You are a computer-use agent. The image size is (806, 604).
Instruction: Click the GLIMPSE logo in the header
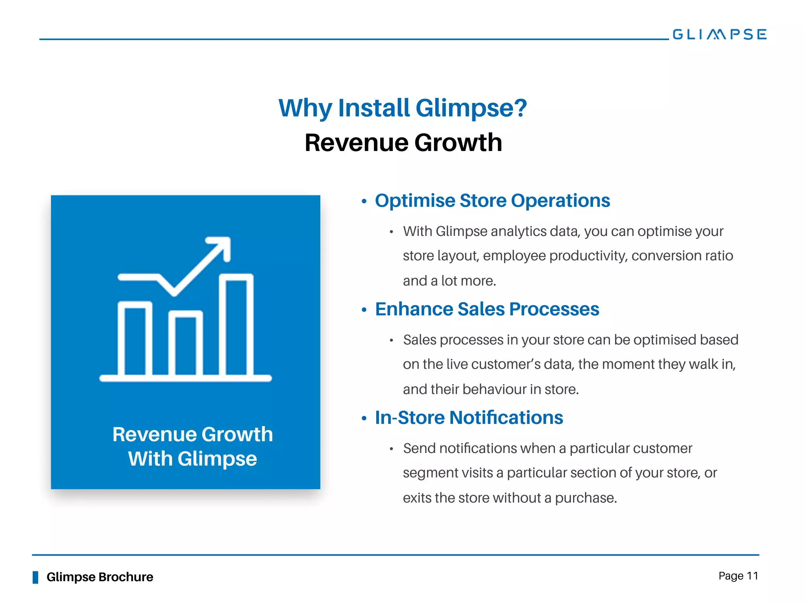pyautogui.click(x=719, y=34)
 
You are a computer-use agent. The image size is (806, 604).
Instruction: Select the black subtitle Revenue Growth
pyautogui.click(x=403, y=142)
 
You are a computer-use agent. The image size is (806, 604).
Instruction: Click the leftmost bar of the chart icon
pyautogui.click(x=135, y=338)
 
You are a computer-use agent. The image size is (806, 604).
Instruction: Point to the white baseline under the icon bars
pyautogui.click(x=185, y=378)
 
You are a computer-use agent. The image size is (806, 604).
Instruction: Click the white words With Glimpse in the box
pyautogui.click(x=192, y=459)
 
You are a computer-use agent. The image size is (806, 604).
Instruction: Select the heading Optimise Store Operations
pyautogui.click(x=492, y=201)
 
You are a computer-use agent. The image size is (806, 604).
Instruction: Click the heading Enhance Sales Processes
pyautogui.click(x=487, y=309)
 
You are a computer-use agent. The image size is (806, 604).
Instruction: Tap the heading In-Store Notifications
pyautogui.click(x=469, y=418)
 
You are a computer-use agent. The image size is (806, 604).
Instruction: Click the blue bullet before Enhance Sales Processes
pyautogui.click(x=364, y=310)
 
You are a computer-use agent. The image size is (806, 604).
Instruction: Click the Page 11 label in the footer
pyautogui.click(x=738, y=576)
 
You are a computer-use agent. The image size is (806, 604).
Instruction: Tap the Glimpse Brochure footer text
pyautogui.click(x=100, y=577)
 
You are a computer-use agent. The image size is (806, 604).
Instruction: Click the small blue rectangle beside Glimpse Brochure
pyautogui.click(x=35, y=577)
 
